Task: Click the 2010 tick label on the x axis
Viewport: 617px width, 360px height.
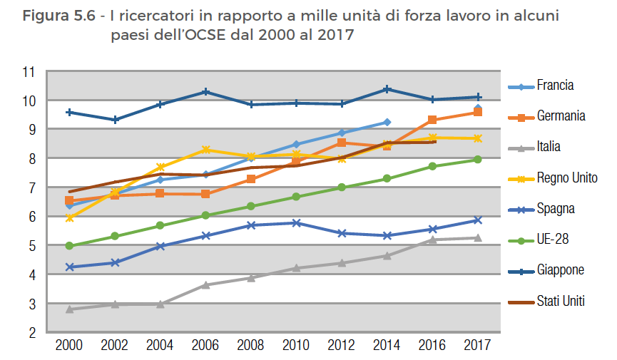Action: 296,346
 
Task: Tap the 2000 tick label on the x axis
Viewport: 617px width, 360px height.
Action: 69,346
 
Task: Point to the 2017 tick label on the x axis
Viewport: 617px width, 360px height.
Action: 478,346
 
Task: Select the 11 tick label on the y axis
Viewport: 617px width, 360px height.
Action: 29,71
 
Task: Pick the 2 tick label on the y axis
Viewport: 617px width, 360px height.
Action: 32,332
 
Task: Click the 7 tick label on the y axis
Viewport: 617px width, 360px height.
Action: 32,187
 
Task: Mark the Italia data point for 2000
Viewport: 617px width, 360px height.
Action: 69,309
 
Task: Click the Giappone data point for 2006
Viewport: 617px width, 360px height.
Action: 205,91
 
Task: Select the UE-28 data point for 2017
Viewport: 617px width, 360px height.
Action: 478,160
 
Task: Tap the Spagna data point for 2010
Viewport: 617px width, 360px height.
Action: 296,223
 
